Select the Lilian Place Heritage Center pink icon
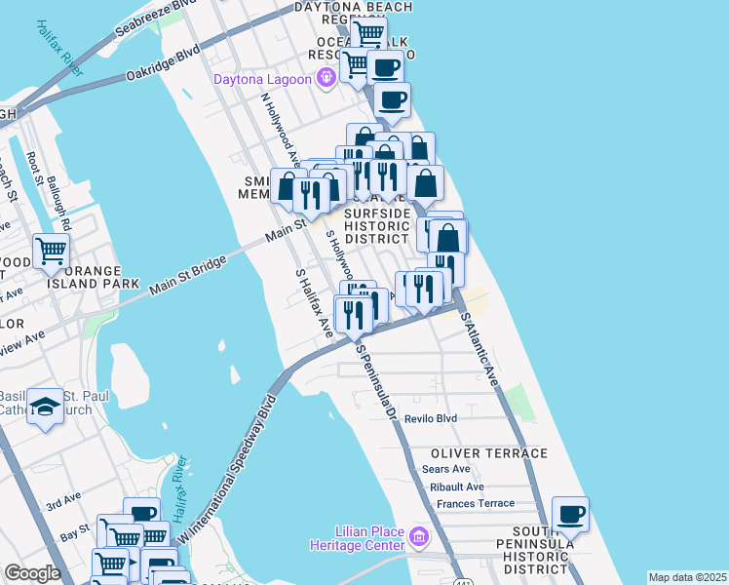(x=419, y=535)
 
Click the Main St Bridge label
(x=189, y=275)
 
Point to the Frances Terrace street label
(x=475, y=503)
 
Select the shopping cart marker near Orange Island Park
(x=51, y=251)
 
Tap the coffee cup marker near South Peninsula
(x=570, y=513)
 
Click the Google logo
(x=32, y=573)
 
